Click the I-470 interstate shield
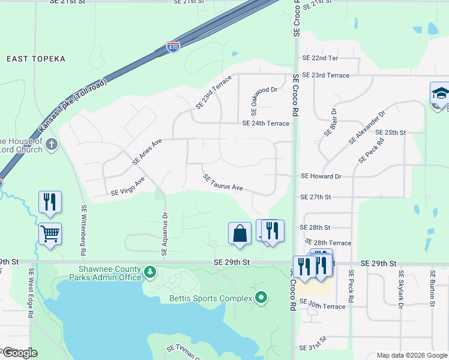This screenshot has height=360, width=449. pyautogui.click(x=172, y=47)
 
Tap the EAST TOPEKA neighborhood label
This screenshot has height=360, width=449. pyautogui.click(x=35, y=59)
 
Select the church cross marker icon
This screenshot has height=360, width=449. pyautogui.click(x=52, y=144)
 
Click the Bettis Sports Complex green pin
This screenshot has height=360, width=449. pyautogui.click(x=261, y=298)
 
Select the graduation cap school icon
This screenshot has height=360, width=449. pyautogui.click(x=440, y=93)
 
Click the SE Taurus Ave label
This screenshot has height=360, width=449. pyautogui.click(x=223, y=183)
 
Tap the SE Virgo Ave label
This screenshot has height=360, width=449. pyautogui.click(x=128, y=186)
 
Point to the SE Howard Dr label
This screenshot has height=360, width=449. pyautogui.click(x=321, y=176)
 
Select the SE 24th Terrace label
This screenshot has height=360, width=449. pyautogui.click(x=265, y=124)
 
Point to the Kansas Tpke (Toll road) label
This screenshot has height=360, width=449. pyautogui.click(x=73, y=106)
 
